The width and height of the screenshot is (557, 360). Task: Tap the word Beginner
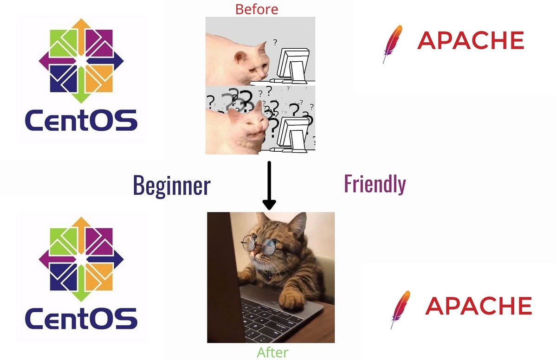point(172,186)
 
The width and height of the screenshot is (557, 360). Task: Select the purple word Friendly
point(375,184)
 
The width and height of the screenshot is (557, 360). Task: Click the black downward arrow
point(269,186)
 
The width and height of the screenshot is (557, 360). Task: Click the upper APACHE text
point(470,41)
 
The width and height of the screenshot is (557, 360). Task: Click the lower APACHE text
point(478,306)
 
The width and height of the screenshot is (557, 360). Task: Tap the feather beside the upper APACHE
point(392,44)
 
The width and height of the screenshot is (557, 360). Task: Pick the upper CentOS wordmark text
point(81,120)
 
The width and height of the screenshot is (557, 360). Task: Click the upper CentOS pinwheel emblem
point(81,60)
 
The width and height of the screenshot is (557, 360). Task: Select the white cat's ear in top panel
point(240,57)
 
